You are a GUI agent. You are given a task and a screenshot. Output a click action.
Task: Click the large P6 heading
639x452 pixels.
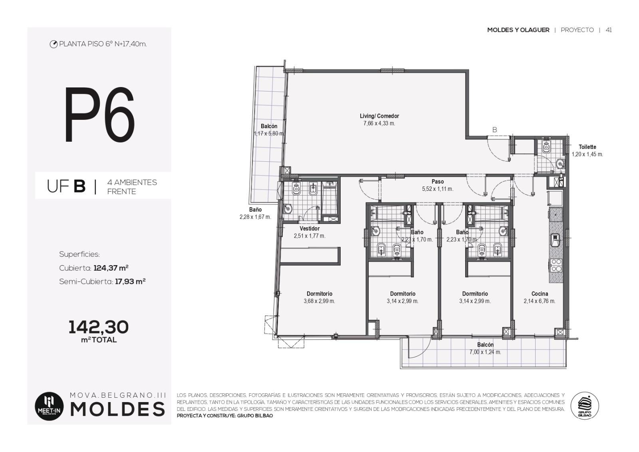pyautogui.click(x=99, y=115)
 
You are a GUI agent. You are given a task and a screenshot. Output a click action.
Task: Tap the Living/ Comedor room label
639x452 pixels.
pyautogui.click(x=379, y=116)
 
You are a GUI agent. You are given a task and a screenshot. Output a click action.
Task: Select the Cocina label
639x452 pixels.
pyautogui.click(x=540, y=294)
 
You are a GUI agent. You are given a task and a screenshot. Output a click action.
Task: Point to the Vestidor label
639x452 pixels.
pyautogui.click(x=310, y=228)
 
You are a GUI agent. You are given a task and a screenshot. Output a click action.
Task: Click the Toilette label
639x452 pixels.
pyautogui.click(x=587, y=147)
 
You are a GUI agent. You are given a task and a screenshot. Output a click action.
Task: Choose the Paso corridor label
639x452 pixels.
pyautogui.click(x=437, y=181)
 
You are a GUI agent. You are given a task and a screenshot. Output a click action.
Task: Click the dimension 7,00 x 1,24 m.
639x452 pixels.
pyautogui.click(x=485, y=352)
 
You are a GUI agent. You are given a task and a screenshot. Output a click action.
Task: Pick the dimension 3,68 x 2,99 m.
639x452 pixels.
pyautogui.click(x=319, y=301)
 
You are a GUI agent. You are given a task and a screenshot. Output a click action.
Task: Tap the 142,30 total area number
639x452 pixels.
pyautogui.click(x=98, y=327)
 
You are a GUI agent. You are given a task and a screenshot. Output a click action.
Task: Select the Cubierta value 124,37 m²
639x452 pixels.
pyautogui.click(x=111, y=268)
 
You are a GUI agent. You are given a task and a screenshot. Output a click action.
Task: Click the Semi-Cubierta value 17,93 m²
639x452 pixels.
pyautogui.click(x=130, y=282)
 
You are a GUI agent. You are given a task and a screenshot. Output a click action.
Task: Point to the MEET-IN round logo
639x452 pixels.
pyautogui.click(x=50, y=406)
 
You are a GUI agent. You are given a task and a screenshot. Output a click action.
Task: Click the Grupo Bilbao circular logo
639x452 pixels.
pyautogui.click(x=585, y=406)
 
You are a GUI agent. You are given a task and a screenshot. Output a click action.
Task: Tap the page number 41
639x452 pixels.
pyautogui.click(x=609, y=30)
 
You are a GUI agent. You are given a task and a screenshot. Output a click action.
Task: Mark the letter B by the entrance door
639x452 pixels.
pyautogui.click(x=495, y=130)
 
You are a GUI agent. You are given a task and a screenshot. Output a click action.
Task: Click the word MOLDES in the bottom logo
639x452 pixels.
pyautogui.click(x=117, y=409)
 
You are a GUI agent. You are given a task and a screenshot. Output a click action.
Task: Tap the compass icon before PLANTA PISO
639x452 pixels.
pyautogui.click(x=54, y=44)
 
